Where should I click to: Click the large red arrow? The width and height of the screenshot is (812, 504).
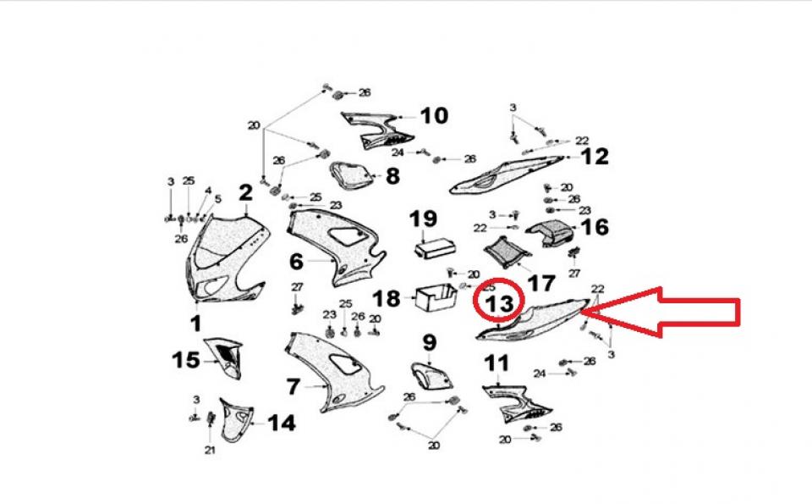click(668, 312)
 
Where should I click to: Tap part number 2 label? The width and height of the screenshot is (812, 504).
click(244, 193)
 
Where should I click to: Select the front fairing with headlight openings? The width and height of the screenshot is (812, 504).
click(224, 258)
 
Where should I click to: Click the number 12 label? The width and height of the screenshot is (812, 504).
click(594, 157)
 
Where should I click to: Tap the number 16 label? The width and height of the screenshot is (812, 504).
click(595, 227)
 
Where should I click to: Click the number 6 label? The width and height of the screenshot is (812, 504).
click(296, 261)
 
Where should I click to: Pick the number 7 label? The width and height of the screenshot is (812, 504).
click(293, 387)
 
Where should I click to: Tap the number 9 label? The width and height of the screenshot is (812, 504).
click(430, 343)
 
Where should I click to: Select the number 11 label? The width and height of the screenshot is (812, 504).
click(497, 363)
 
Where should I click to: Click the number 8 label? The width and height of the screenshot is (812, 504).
click(392, 177)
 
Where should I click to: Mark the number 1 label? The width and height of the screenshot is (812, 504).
click(195, 323)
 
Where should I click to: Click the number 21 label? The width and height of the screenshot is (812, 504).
click(209, 450)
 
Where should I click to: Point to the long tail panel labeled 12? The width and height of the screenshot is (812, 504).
click(507, 173)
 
